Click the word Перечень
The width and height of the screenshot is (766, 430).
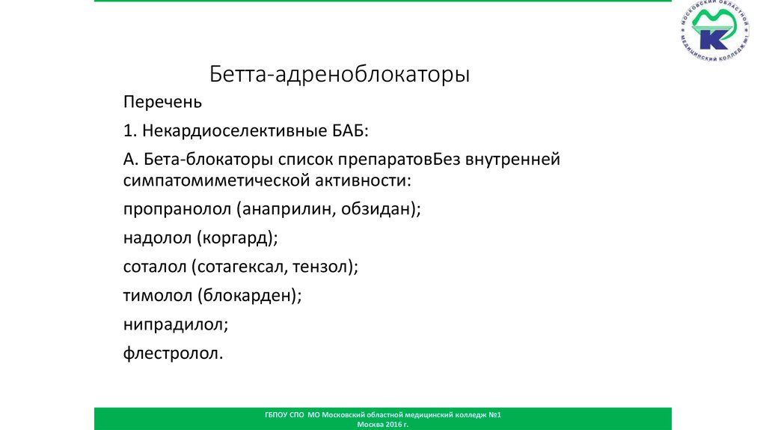click(x=162, y=102)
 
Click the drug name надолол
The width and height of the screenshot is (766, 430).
click(x=158, y=238)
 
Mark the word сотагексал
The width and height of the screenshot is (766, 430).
click(x=241, y=267)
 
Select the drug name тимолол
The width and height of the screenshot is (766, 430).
click(x=158, y=295)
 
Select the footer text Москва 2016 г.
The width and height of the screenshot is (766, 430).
click(x=383, y=424)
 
